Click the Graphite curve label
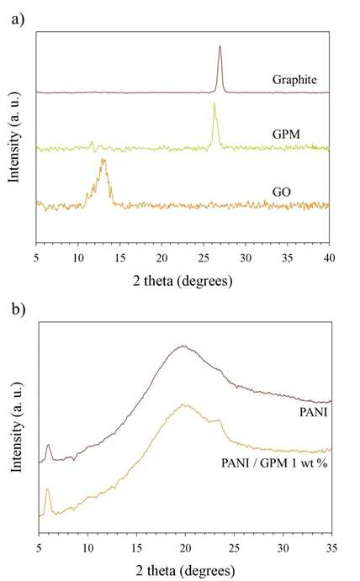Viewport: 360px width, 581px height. coord(294,80)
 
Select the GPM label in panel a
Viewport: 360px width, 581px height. coord(286,135)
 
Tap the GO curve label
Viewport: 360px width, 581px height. coord(282,192)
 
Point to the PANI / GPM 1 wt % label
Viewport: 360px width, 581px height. coord(274,463)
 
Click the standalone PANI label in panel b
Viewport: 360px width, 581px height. coord(314,412)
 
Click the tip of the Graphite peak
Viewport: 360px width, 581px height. coord(220,46)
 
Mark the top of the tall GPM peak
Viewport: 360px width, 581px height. coord(214,103)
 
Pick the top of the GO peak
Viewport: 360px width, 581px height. coord(103,160)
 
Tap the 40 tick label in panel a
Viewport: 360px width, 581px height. coord(329,257)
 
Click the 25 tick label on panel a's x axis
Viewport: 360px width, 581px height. coord(204,257)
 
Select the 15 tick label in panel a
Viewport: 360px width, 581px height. coord(119,257)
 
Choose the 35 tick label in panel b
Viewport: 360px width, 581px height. coord(332,547)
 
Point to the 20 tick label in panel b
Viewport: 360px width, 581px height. coord(185,547)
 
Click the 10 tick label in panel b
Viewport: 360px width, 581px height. coord(87,547)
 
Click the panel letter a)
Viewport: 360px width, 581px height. coord(18,18)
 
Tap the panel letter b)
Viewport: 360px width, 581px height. coord(19,309)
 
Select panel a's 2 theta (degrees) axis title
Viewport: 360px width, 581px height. coord(183,281)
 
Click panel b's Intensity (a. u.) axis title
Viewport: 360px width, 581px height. coord(16,428)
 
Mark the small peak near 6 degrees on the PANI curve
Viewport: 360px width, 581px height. coord(48,445)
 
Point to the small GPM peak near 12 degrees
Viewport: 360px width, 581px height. coord(92,142)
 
